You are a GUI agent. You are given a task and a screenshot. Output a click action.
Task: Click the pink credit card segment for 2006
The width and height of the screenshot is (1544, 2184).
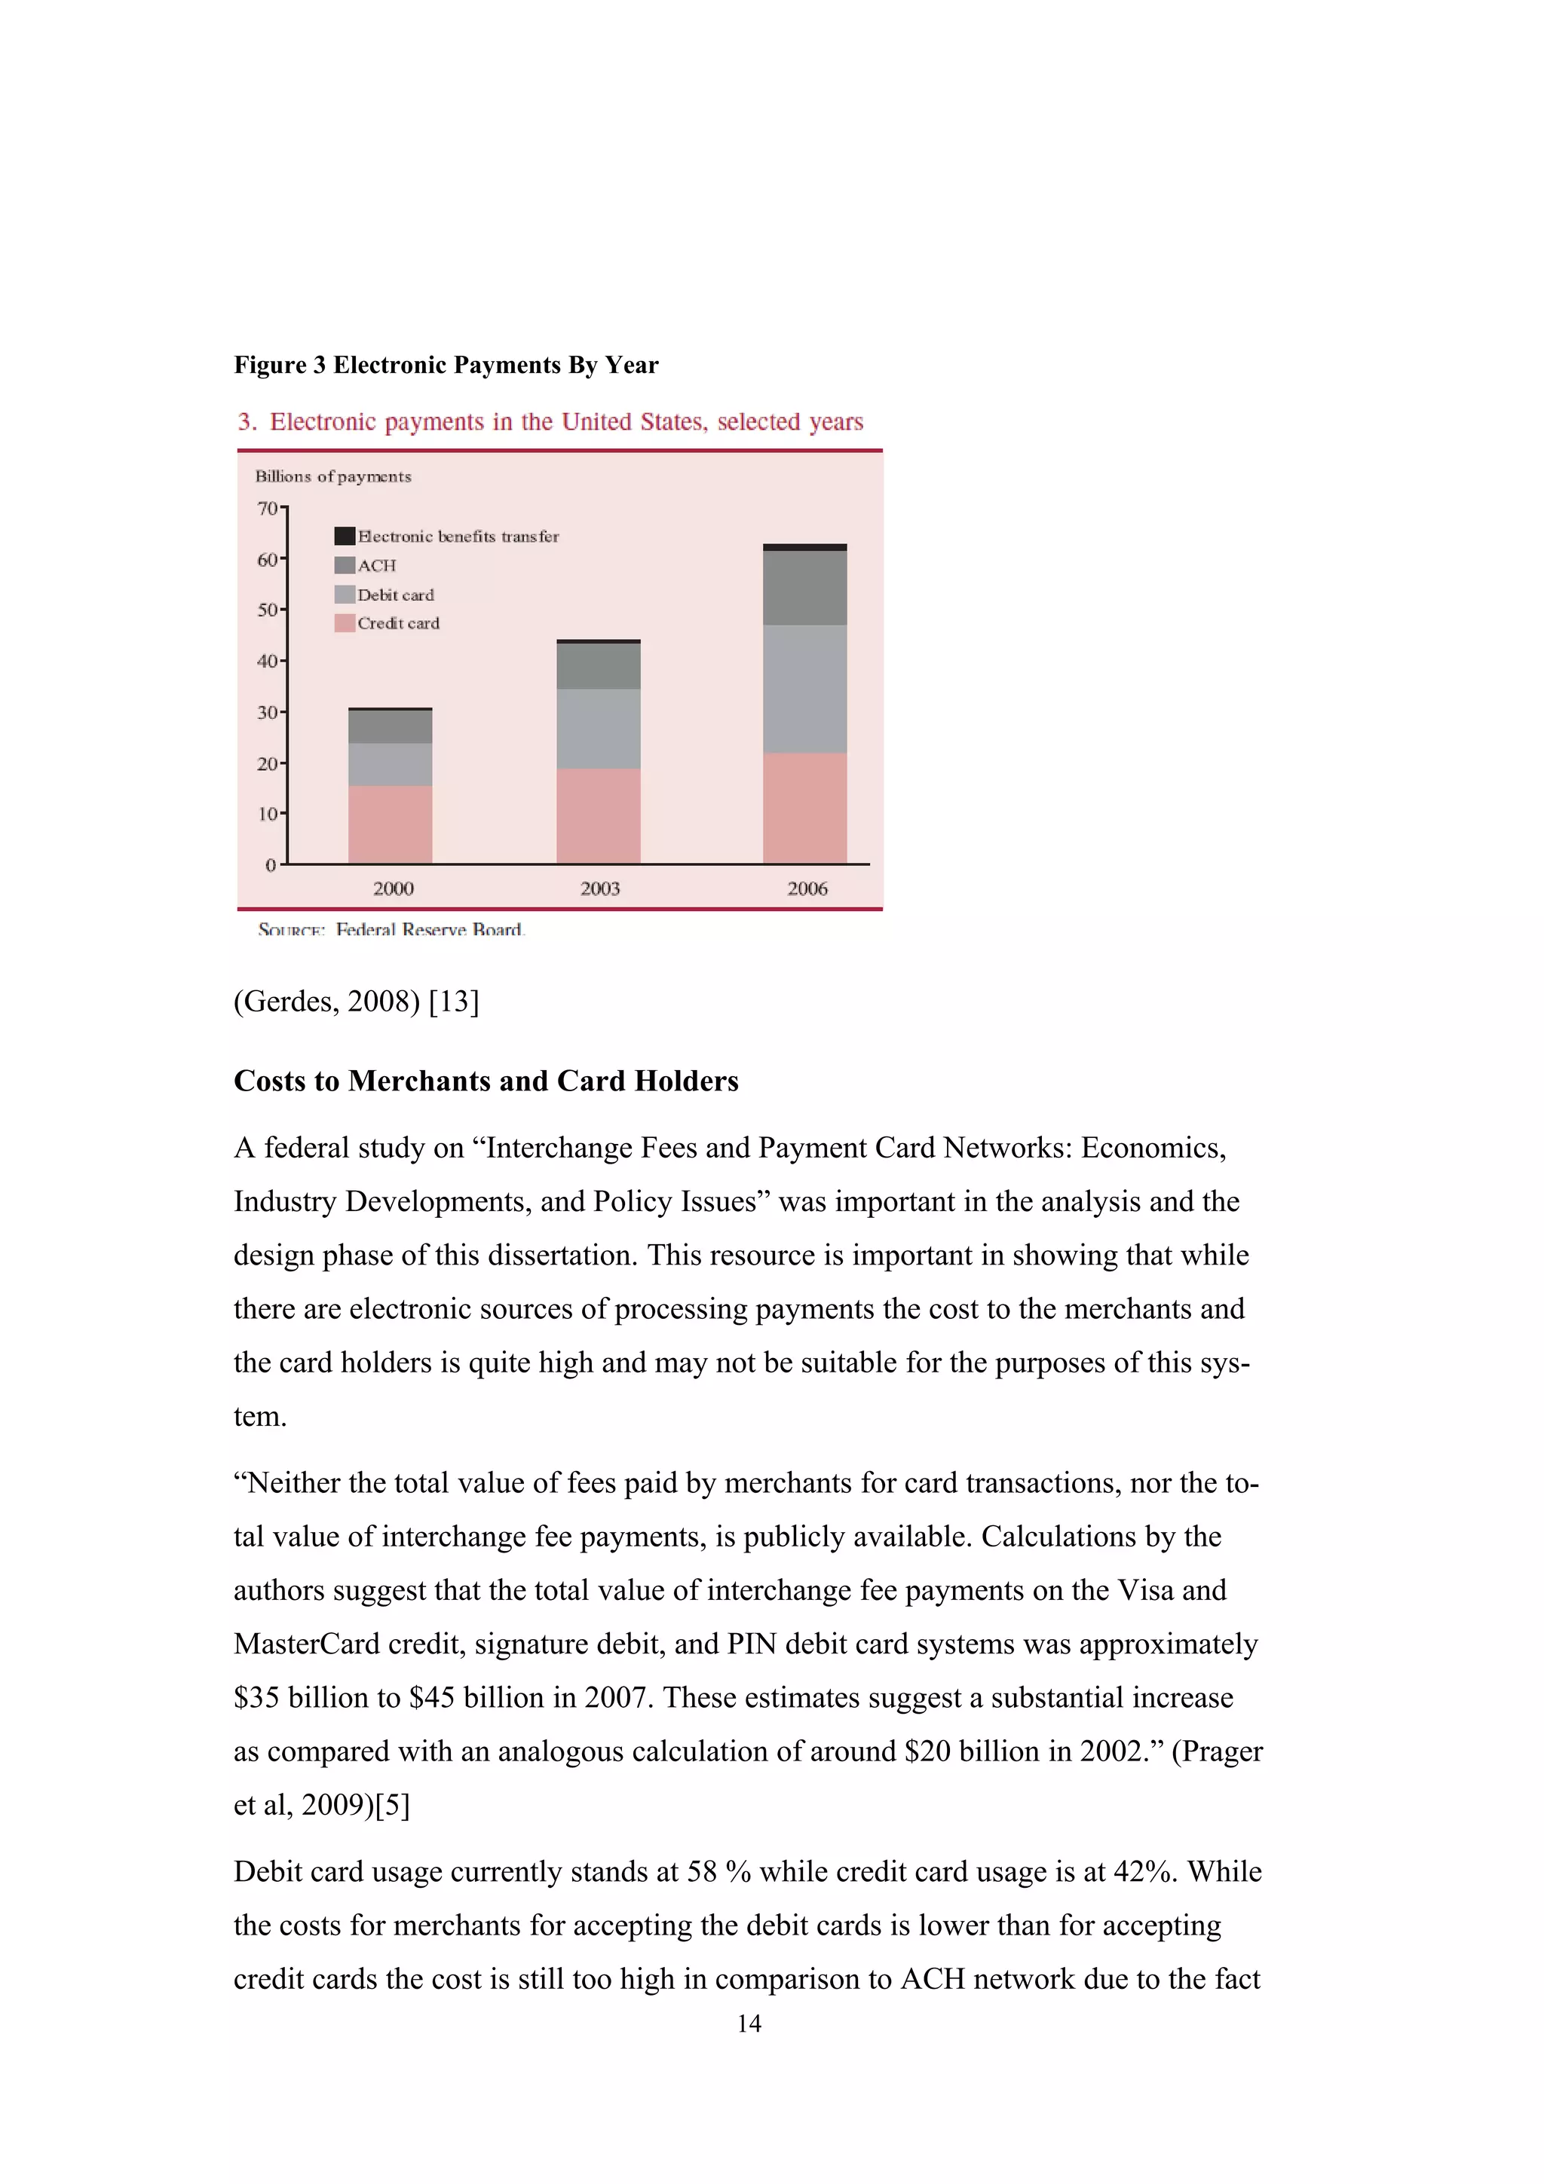(x=805, y=809)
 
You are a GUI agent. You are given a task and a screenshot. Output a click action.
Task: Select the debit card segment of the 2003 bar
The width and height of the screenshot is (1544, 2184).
(x=599, y=729)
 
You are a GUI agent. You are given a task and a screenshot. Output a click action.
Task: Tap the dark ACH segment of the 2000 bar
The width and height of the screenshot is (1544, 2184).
(x=390, y=726)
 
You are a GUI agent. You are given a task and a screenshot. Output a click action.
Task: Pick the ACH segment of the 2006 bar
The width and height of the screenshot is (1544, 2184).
(x=805, y=588)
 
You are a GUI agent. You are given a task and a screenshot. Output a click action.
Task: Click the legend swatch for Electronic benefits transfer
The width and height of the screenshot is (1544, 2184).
(x=345, y=537)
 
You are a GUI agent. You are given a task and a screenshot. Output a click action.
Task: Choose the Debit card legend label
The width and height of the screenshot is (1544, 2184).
(x=396, y=595)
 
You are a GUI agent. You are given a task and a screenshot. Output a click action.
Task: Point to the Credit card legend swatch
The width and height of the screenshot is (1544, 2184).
(x=345, y=624)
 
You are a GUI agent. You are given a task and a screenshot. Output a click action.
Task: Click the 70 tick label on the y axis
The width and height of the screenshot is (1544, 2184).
(x=268, y=508)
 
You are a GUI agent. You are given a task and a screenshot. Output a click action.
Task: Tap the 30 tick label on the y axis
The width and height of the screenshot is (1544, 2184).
(x=268, y=712)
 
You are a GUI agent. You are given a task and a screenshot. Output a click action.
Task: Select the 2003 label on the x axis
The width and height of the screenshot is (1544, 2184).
(x=599, y=889)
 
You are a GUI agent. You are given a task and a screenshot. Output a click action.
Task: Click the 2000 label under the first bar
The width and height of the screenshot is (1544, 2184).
(x=393, y=889)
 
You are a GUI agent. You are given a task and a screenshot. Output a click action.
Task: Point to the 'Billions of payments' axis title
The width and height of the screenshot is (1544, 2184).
(x=333, y=476)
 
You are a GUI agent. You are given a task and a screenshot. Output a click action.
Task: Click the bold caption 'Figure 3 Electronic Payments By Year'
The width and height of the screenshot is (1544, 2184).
(x=446, y=366)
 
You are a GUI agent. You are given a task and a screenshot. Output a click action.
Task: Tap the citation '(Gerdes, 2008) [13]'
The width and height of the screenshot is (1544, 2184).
(x=357, y=1001)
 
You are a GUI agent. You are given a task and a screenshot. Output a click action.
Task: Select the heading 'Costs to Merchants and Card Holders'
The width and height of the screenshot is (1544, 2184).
(x=486, y=1081)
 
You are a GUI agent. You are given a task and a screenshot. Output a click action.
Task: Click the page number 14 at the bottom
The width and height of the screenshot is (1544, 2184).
(x=749, y=2024)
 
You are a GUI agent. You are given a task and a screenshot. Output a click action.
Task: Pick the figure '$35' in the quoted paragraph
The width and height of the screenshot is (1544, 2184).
(x=256, y=1698)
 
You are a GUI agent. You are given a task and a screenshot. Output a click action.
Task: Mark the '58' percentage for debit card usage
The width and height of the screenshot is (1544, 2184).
(x=701, y=1872)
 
